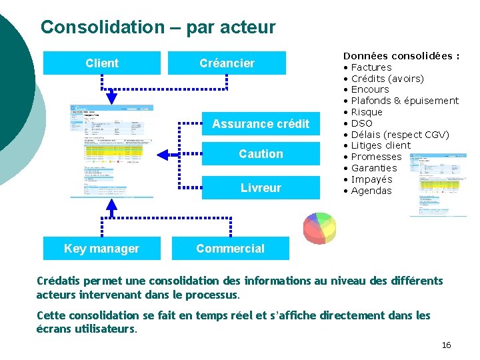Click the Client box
102,63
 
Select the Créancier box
227,63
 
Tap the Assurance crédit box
261,124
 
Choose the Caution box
261,154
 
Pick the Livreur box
261,188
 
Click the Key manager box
101,249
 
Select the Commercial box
230,249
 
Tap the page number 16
446,345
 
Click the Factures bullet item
371,67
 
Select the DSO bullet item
361,123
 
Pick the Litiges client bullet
381,145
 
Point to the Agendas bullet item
371,191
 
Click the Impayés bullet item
371,179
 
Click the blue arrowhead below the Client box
111,98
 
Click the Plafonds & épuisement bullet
404,101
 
